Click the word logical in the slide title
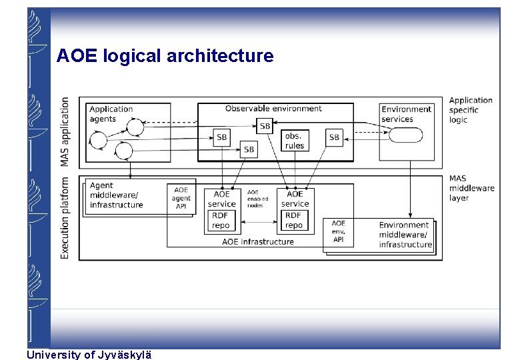point(133,56)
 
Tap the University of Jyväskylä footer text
point(89,355)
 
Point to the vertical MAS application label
point(65,131)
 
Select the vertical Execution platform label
point(65,217)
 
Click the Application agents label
point(111,114)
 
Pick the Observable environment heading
point(273,109)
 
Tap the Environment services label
point(406,114)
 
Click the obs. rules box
point(294,141)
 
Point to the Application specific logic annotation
point(471,110)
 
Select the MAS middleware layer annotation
point(471,188)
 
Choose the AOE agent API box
point(181,198)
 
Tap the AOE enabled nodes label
point(258,199)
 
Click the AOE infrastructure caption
point(257,242)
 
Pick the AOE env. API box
point(339,231)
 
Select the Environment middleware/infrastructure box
point(405,235)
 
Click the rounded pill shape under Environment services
point(405,135)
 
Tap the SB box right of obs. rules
point(334,137)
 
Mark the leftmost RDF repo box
point(221,221)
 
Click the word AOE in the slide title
point(77,56)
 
